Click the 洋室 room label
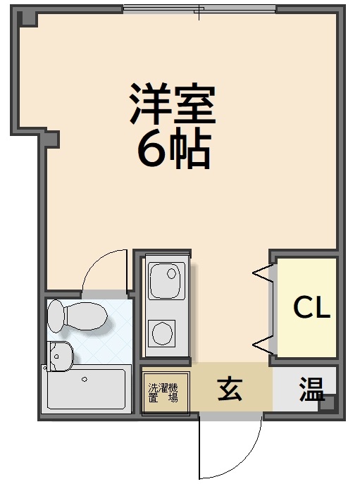tap(172, 104)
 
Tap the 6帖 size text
tap(173, 149)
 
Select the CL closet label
tap(311, 307)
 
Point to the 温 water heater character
tap(310, 389)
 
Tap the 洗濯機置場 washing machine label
tap(163, 392)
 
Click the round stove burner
tap(163, 332)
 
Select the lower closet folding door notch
tap(262, 344)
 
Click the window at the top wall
tap(199, 10)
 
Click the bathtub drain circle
tap(85, 379)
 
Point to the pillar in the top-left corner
tap(26, 18)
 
